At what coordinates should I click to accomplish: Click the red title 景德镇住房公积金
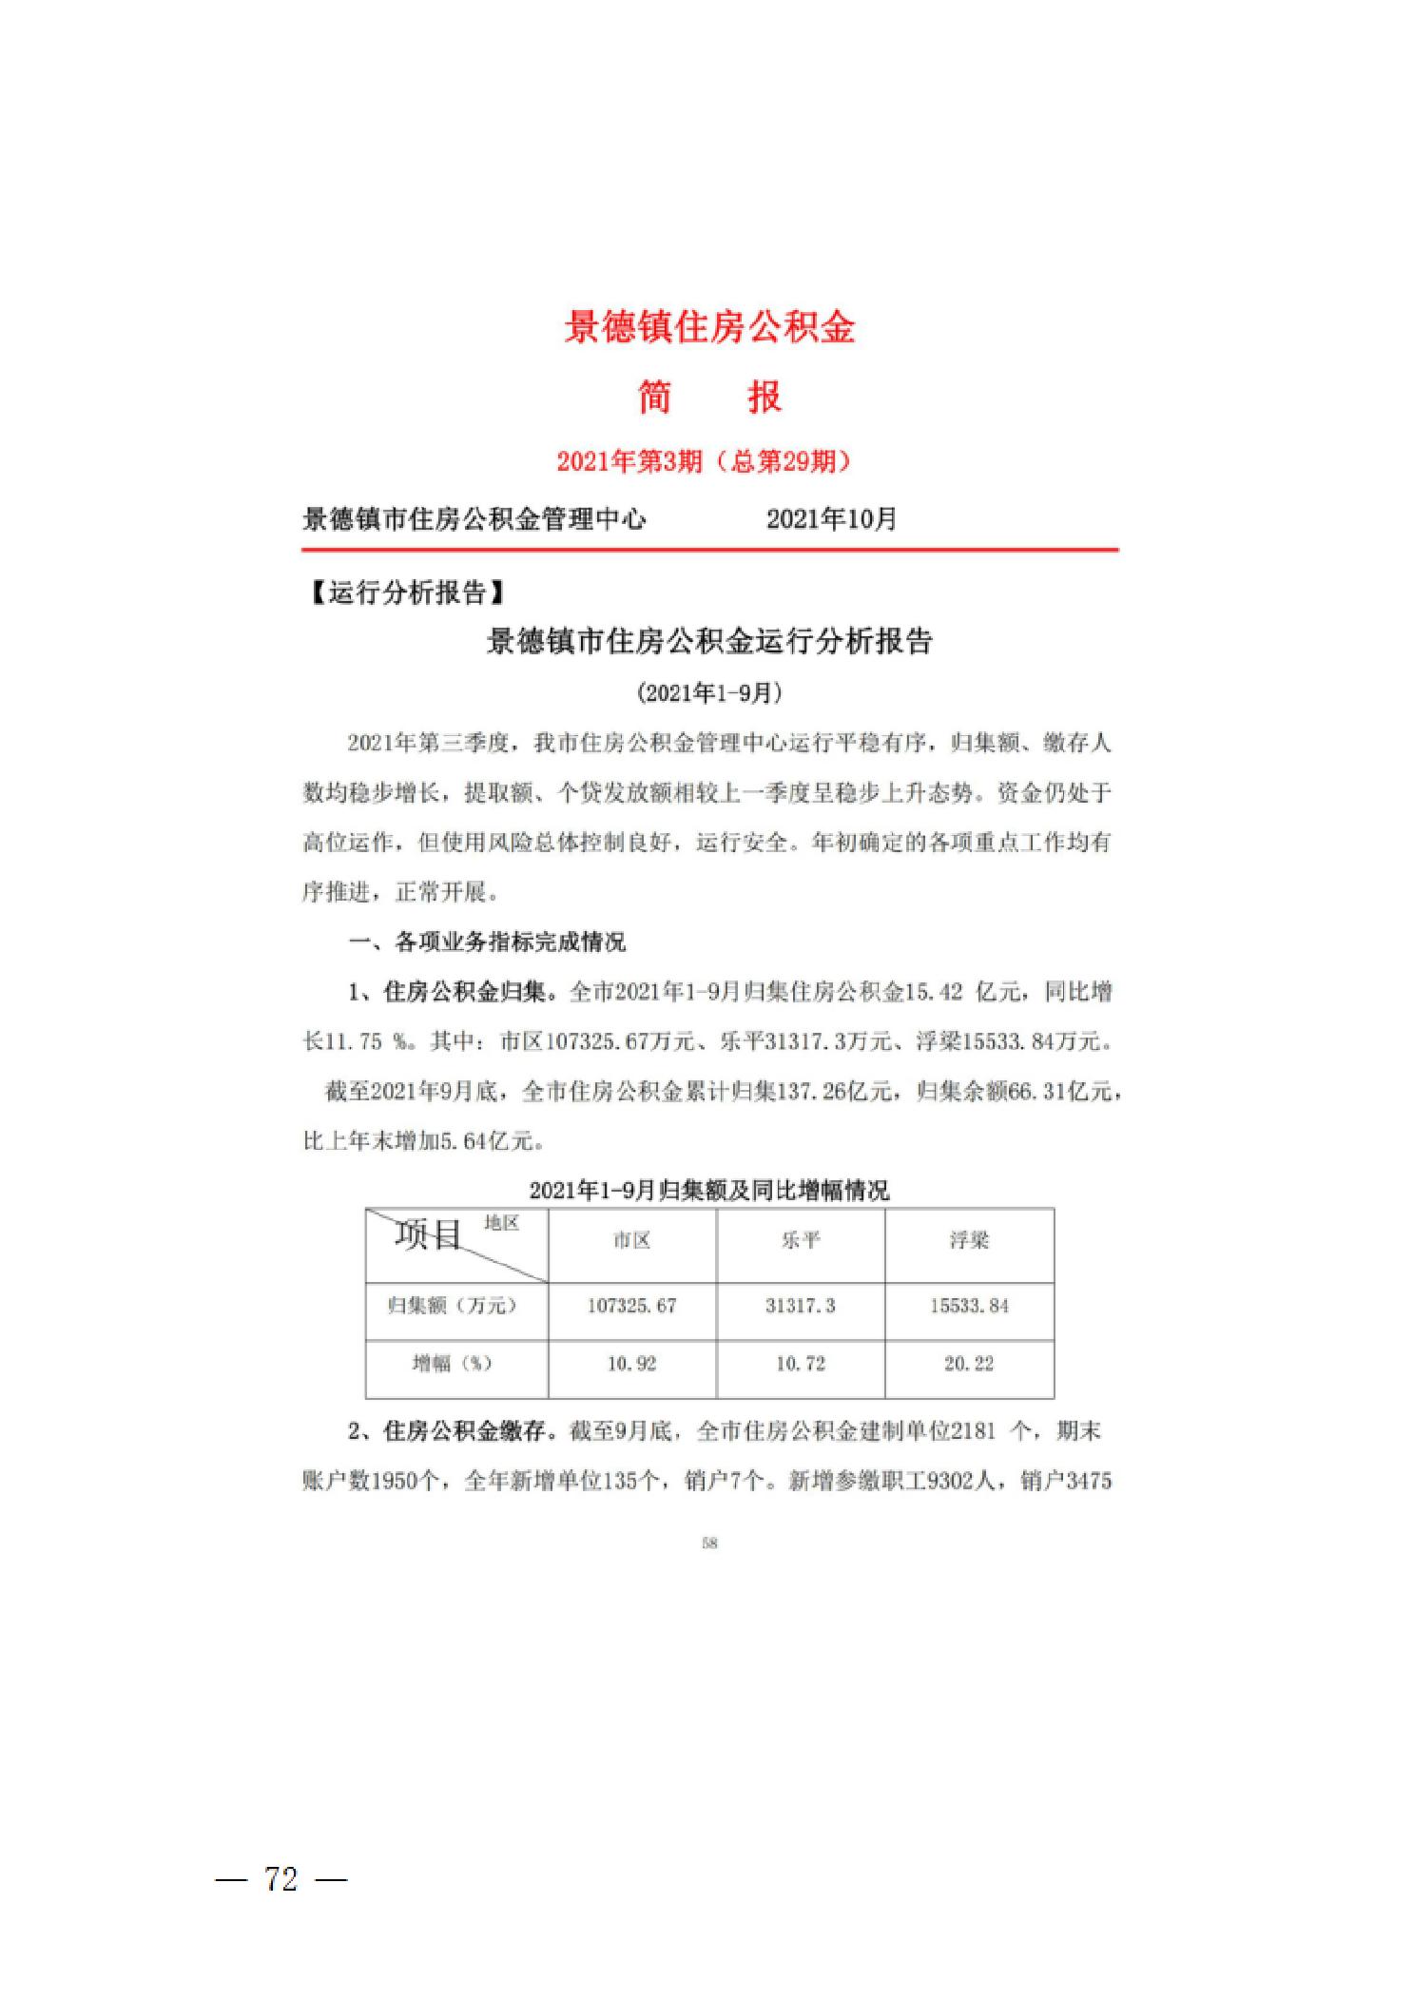709,327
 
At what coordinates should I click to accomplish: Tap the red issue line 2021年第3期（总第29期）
704,461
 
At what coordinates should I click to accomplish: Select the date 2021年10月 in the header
831,519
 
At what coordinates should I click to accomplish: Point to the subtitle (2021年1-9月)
709,692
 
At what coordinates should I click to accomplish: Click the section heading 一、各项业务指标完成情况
487,942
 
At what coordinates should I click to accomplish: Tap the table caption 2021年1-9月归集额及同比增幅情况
709,1190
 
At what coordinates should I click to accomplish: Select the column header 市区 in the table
631,1240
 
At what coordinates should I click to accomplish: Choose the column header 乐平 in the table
801,1240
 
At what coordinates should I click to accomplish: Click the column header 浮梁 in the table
969,1240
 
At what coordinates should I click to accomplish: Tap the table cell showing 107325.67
631,1306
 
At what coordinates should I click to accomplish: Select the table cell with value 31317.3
801,1306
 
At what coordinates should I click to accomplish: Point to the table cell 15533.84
969,1306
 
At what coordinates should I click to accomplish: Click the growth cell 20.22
969,1364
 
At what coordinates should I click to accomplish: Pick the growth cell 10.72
801,1364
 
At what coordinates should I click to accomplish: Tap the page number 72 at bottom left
281,1879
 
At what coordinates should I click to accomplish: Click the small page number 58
709,1543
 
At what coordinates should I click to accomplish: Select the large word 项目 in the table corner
428,1235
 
